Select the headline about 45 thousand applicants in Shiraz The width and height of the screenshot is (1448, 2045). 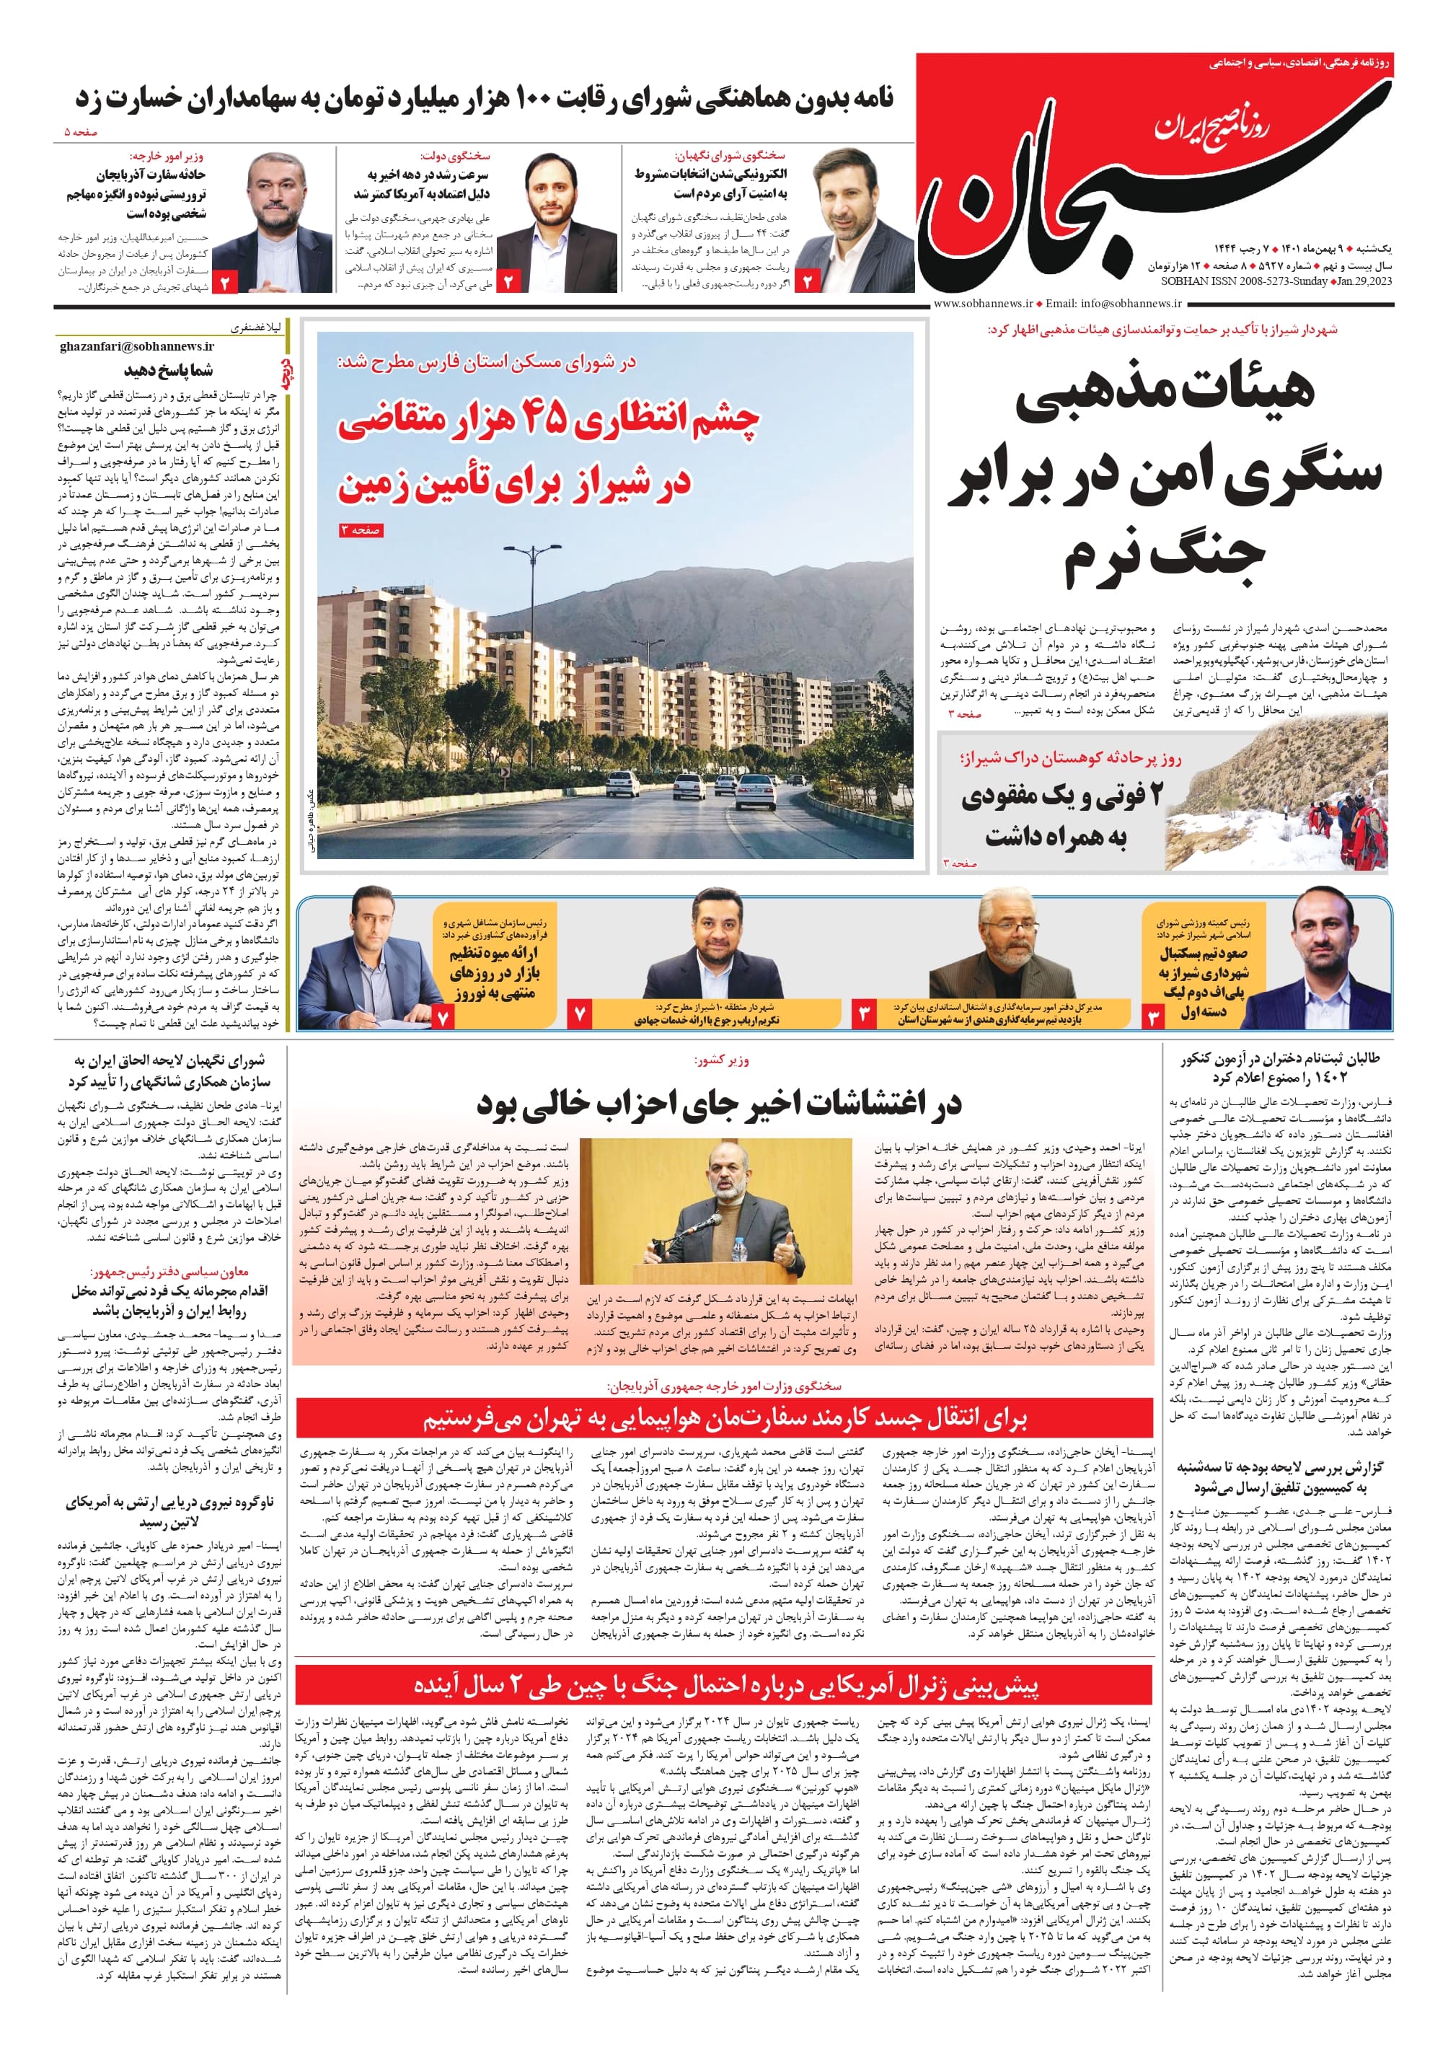pyautogui.click(x=547, y=450)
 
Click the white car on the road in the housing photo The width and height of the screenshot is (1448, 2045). pyautogui.click(x=622, y=783)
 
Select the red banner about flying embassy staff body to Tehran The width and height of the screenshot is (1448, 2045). pyautogui.click(x=724, y=1418)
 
